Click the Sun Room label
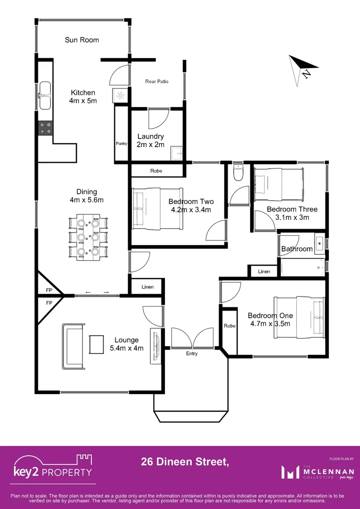point(82,40)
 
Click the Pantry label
point(122,143)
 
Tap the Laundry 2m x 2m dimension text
point(151,145)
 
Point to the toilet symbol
point(237,172)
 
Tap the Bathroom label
point(297,249)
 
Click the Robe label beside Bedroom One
point(229,326)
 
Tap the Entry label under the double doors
point(192,353)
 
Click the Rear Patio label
point(157,82)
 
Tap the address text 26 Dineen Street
point(185,462)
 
